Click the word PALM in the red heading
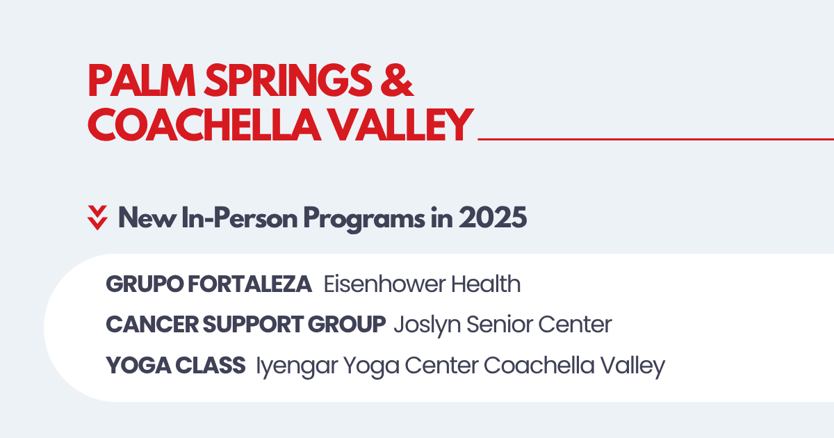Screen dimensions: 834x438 tap(142, 81)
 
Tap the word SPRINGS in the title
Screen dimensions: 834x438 tap(288, 81)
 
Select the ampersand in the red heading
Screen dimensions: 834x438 tap(397, 81)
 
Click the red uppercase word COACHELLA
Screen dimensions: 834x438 tap(204, 124)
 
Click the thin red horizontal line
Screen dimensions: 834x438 tap(655, 139)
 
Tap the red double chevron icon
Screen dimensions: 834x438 tap(97, 218)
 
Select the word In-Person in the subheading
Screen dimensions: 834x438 tap(239, 218)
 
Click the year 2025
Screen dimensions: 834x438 tap(493, 218)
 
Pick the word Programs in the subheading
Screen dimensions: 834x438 tap(363, 219)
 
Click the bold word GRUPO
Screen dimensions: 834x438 tap(144, 284)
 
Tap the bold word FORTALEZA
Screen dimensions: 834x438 tap(250, 284)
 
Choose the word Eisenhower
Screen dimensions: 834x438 tap(384, 284)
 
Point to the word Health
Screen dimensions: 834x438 tap(486, 284)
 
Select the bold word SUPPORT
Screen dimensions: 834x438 tap(254, 324)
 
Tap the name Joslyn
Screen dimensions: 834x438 tap(427, 325)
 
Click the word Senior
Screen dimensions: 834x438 tap(499, 324)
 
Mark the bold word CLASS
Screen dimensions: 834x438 tap(210, 365)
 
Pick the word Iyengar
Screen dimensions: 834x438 tap(297, 366)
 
